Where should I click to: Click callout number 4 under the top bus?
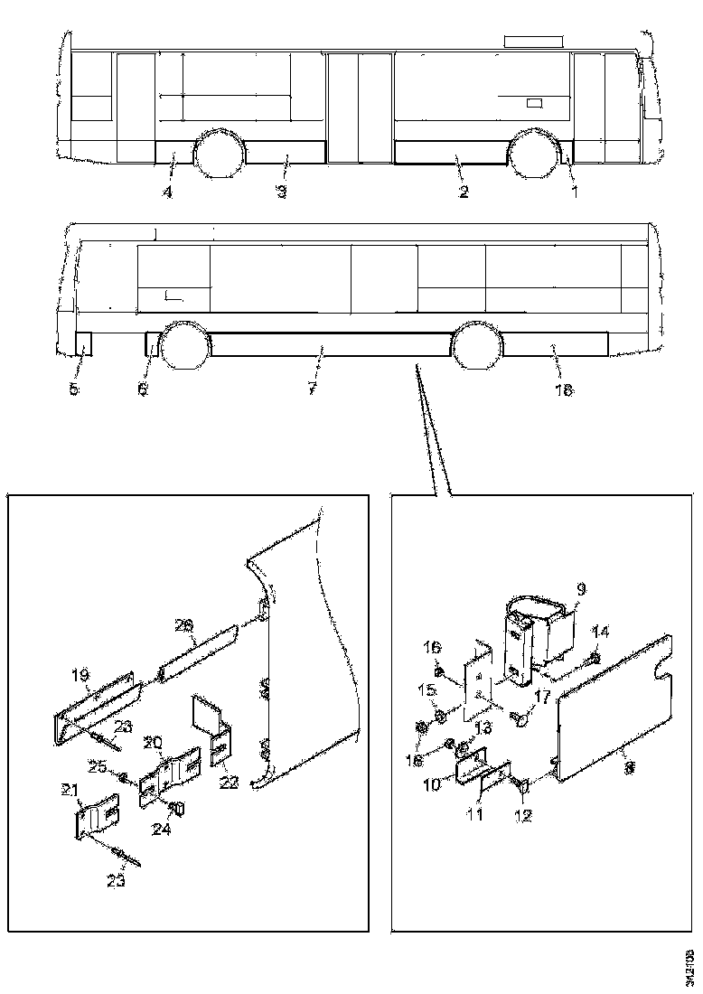[x=167, y=192]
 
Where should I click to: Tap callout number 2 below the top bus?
[x=463, y=192]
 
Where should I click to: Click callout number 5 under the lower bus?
[x=74, y=389]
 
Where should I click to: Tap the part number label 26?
[x=184, y=624]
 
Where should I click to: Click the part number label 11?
[x=475, y=814]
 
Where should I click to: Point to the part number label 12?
[x=523, y=813]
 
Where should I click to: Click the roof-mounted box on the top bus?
[x=533, y=41]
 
